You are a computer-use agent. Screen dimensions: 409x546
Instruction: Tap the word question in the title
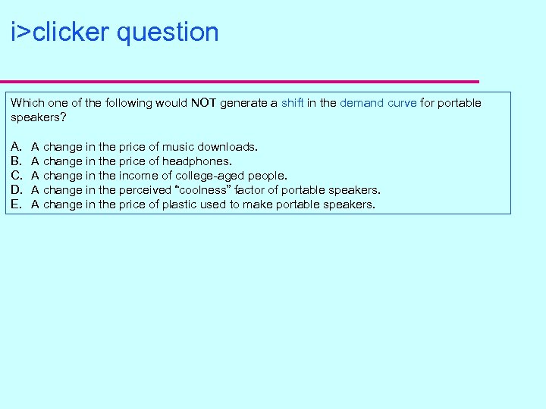pyautogui.click(x=168, y=33)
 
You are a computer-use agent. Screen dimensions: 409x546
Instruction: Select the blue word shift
pyautogui.click(x=293, y=103)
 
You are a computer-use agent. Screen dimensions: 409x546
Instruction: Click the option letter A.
pyautogui.click(x=16, y=146)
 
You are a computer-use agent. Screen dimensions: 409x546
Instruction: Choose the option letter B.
pyautogui.click(x=16, y=161)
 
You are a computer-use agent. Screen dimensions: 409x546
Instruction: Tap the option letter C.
pyautogui.click(x=16, y=176)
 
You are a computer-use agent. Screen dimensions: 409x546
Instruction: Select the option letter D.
pyautogui.click(x=16, y=190)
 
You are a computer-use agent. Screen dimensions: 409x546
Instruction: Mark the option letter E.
pyautogui.click(x=16, y=204)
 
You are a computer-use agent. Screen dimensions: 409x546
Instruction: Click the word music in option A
pyautogui.click(x=179, y=146)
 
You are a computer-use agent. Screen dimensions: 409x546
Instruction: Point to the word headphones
pyautogui.click(x=196, y=161)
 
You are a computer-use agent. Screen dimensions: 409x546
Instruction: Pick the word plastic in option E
pyautogui.click(x=179, y=204)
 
